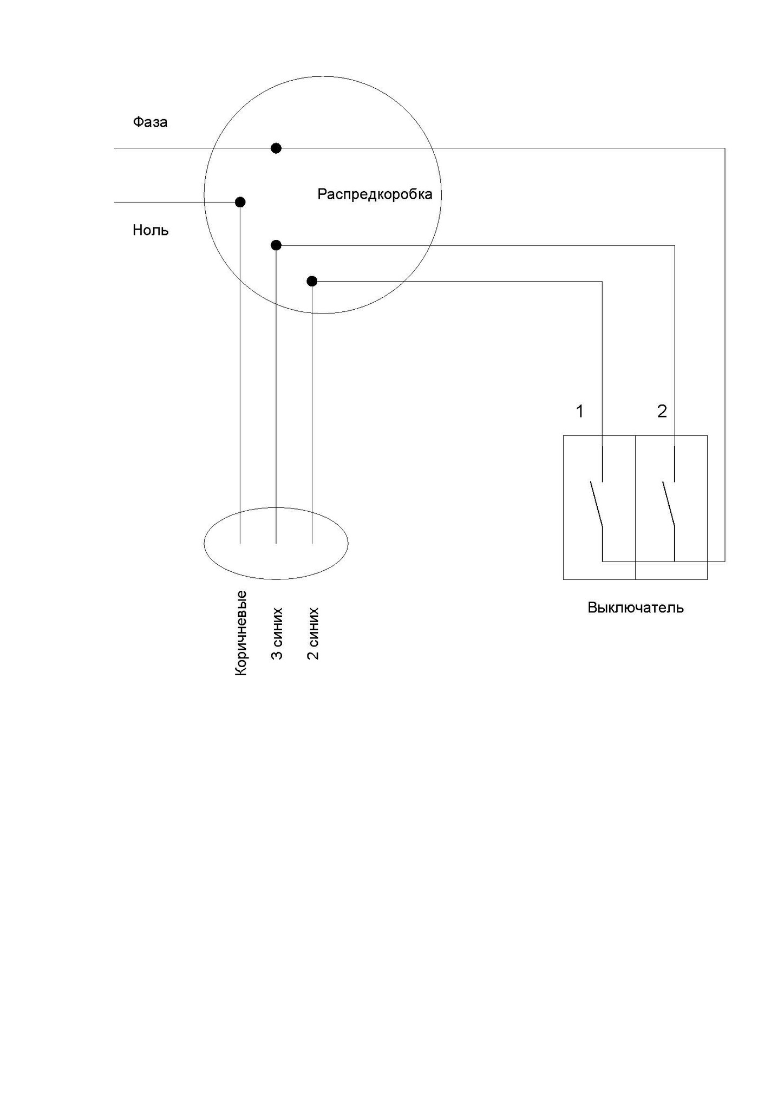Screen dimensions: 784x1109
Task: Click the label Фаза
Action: coord(150,122)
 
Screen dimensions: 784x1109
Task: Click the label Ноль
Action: coord(151,231)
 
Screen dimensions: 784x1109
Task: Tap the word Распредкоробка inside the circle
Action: coord(375,194)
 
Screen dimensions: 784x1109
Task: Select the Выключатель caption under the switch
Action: coord(636,608)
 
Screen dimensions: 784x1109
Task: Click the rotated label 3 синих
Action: coord(277,634)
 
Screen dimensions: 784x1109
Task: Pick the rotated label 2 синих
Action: coord(312,634)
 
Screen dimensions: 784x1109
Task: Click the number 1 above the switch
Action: coord(580,412)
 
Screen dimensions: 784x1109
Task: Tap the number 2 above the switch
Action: coord(662,412)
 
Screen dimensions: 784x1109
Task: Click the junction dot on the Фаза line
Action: coord(276,148)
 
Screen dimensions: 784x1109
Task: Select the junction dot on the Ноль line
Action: coord(240,202)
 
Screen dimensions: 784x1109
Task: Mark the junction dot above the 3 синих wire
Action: coord(276,245)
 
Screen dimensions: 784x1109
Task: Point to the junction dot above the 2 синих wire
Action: coord(312,281)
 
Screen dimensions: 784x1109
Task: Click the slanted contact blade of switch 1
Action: coord(596,504)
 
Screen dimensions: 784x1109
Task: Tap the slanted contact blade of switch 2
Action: coord(668,504)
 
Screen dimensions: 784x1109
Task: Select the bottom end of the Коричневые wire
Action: coord(240,543)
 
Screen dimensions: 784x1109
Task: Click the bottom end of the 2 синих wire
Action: coord(312,543)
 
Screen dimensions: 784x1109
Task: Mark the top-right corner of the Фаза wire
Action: coord(724,148)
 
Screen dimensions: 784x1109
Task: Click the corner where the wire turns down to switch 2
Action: coord(675,245)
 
